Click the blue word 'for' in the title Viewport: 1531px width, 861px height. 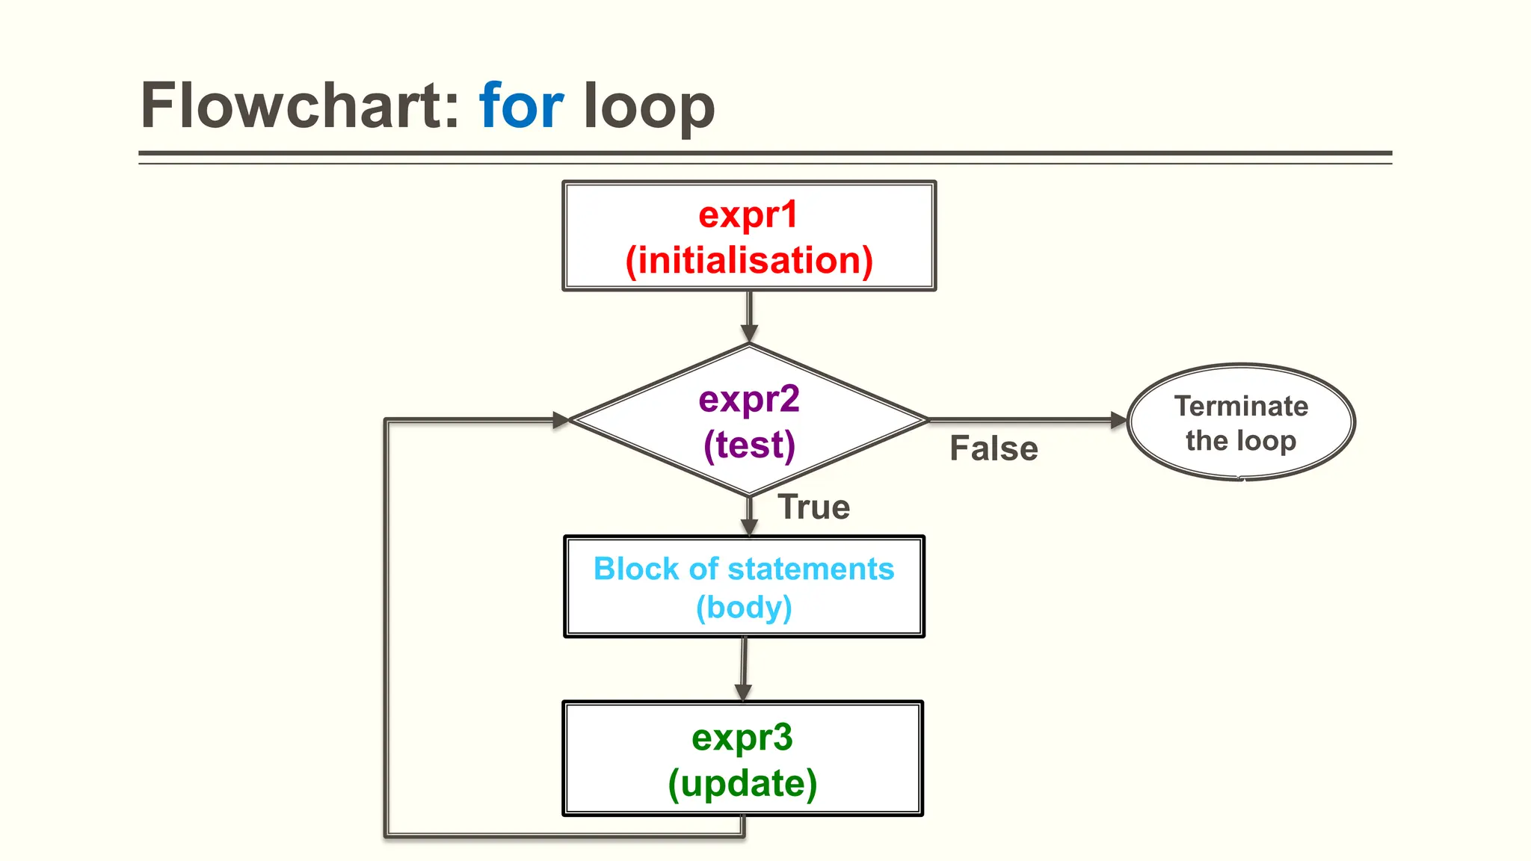(x=521, y=106)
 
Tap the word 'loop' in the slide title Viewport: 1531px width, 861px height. (x=649, y=106)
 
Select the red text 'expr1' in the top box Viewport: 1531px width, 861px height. (x=748, y=215)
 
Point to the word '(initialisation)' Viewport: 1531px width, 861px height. (x=749, y=260)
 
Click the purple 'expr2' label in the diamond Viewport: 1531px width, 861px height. (x=749, y=399)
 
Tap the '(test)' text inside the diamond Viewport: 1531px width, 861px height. (x=749, y=445)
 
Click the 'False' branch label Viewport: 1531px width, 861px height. (x=994, y=448)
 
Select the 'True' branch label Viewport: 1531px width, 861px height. (x=813, y=507)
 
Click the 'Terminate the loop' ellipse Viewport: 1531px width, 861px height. (x=1241, y=422)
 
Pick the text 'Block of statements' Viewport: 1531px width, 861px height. (x=744, y=569)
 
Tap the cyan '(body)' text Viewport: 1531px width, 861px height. (x=744, y=607)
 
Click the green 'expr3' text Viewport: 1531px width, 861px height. (x=742, y=738)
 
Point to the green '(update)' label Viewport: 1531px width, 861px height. (x=742, y=783)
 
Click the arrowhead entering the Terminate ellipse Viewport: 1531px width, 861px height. (x=1118, y=420)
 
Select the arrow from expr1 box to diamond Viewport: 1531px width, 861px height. (x=749, y=317)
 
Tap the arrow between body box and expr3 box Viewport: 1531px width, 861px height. (x=744, y=669)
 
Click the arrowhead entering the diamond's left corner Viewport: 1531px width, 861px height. (x=561, y=420)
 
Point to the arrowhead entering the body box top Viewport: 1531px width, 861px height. (x=749, y=527)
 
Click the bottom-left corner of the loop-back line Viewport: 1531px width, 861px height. (x=386, y=835)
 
